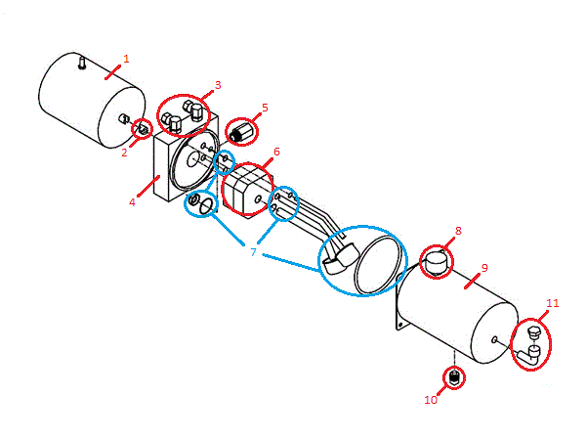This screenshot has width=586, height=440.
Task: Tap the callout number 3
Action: pos(218,85)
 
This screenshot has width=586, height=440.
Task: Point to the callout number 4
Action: pos(133,202)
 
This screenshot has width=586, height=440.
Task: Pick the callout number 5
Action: pos(265,107)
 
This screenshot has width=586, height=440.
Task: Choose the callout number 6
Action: pos(276,153)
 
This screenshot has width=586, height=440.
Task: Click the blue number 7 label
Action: pos(253,252)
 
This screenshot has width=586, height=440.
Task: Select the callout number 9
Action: pos(484,267)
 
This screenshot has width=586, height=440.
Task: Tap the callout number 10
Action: pos(431,399)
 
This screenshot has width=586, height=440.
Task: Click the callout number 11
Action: pos(553,303)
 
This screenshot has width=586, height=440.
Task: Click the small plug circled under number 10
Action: pos(454,376)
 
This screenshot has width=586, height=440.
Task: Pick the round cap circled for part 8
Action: pos(436,261)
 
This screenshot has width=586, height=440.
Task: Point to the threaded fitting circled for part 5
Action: pos(240,131)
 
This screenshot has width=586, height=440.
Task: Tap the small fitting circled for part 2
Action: pos(141,129)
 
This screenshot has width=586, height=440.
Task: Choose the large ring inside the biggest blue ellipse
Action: pos(377,263)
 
